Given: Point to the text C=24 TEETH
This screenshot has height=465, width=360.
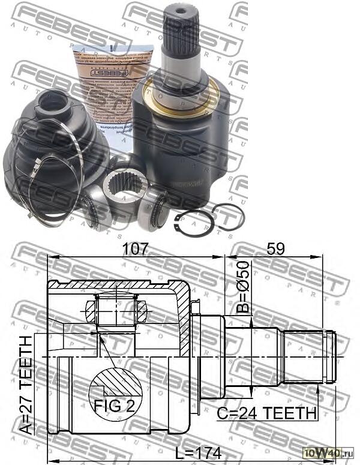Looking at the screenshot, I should click(x=266, y=413).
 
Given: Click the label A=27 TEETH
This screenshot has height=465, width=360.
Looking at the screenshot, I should click(x=26, y=385).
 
